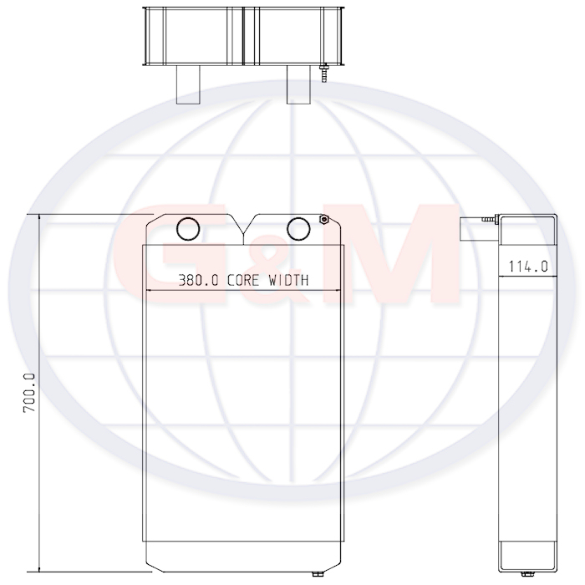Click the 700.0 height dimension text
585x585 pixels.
(29, 393)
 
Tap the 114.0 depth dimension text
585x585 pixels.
(528, 267)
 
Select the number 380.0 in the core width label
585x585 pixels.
(198, 280)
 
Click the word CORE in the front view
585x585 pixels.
(243, 280)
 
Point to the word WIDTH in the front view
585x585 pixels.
(289, 280)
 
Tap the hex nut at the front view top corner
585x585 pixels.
(323, 219)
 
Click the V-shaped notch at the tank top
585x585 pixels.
(243, 233)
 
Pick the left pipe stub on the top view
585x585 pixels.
(188, 84)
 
